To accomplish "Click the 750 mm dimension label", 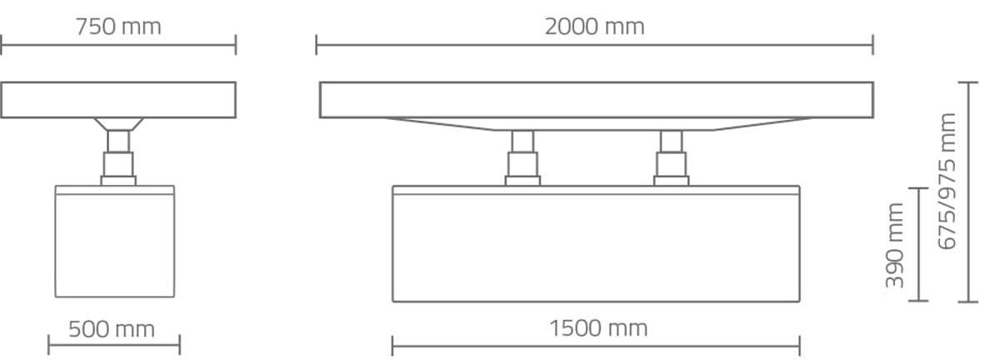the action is click(x=118, y=27).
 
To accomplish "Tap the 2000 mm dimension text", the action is click(x=595, y=27).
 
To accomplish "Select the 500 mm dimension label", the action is click(x=112, y=330).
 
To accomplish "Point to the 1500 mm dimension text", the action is click(x=598, y=328).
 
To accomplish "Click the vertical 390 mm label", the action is click(x=895, y=245).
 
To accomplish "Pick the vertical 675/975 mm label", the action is click(x=947, y=182).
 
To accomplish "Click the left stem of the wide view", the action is click(x=522, y=158).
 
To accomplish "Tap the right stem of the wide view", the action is click(x=672, y=158).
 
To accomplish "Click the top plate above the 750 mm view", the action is click(x=118, y=100).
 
